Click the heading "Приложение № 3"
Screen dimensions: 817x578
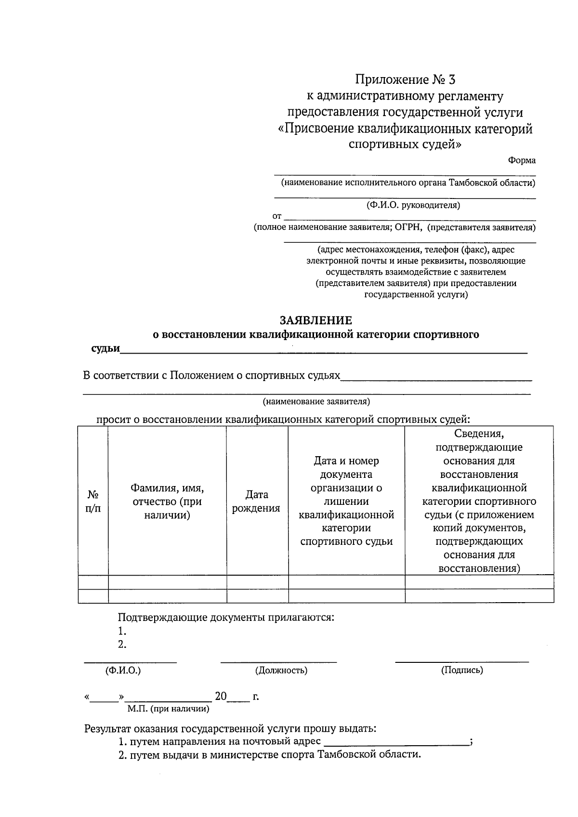pyautogui.click(x=405, y=79)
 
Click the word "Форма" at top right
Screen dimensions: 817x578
pyautogui.click(x=522, y=161)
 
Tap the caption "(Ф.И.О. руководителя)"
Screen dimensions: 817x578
pyautogui.click(x=413, y=206)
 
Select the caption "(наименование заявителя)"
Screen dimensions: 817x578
pyautogui.click(x=316, y=401)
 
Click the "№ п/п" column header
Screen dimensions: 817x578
pyautogui.click(x=93, y=501)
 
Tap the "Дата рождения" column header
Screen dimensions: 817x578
pyautogui.click(x=257, y=501)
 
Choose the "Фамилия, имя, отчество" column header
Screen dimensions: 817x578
pyautogui.click(x=167, y=501)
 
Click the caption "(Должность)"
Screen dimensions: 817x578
pyautogui.click(x=281, y=670)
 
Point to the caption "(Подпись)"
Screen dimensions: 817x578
pyautogui.click(x=462, y=670)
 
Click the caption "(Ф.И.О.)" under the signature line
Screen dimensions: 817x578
pyautogui.click(x=123, y=670)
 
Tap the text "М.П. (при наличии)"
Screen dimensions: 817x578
pyautogui.click(x=168, y=709)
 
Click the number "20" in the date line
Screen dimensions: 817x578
pyautogui.click(x=221, y=697)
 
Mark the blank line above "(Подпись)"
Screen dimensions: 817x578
pyautogui.click(x=461, y=662)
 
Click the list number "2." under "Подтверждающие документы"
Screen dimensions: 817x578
pyautogui.click(x=122, y=645)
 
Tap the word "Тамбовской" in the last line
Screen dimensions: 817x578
pyautogui.click(x=345, y=754)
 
